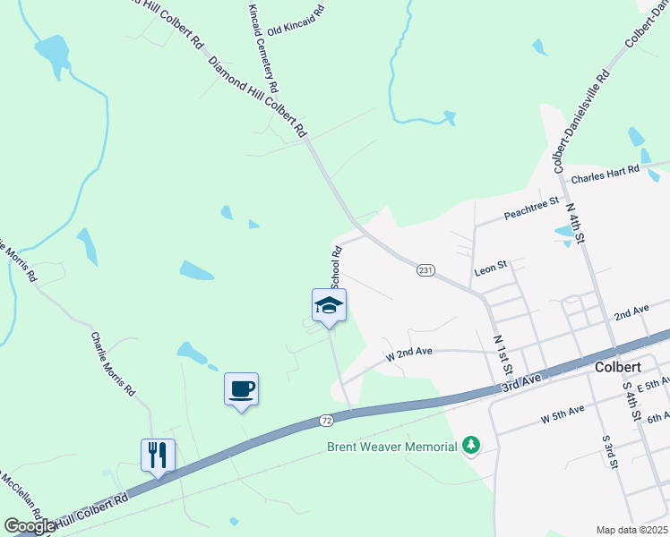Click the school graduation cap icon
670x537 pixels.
tap(329, 305)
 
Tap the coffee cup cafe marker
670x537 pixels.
tap(241, 389)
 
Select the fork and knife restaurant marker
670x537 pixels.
tap(158, 455)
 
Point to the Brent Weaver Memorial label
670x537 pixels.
tap(392, 446)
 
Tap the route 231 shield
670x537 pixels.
tap(426, 270)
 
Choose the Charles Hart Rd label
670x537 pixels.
tap(606, 173)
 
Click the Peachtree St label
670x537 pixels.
tap(531, 209)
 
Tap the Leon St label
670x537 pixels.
tap(490, 266)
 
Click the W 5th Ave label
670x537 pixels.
tap(563, 414)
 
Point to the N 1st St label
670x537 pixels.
tap(503, 355)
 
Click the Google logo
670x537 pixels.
tap(30, 526)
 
